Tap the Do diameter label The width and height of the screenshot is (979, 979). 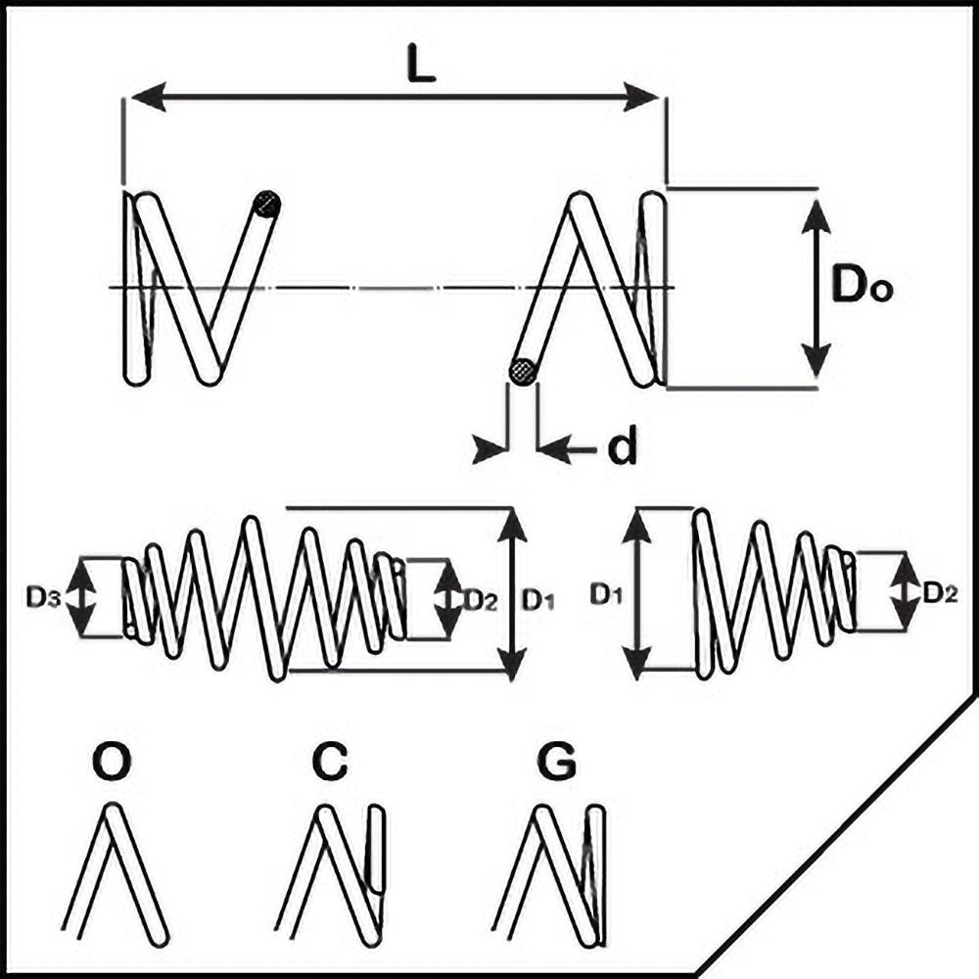pos(862,287)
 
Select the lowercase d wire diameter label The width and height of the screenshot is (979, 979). pos(623,448)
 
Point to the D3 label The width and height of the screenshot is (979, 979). pos(45,597)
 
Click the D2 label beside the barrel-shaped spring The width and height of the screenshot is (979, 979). pos(480,599)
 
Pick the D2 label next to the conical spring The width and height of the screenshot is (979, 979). pos(940,591)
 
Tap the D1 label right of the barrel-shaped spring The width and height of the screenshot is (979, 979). pos(536,599)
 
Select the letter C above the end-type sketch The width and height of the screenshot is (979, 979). pos(333,764)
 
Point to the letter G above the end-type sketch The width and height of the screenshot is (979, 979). pos(558,764)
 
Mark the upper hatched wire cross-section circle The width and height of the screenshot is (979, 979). pos(266,205)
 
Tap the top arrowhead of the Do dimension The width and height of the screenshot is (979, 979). pos(816,210)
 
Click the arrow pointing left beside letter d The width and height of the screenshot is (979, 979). pos(554,449)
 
